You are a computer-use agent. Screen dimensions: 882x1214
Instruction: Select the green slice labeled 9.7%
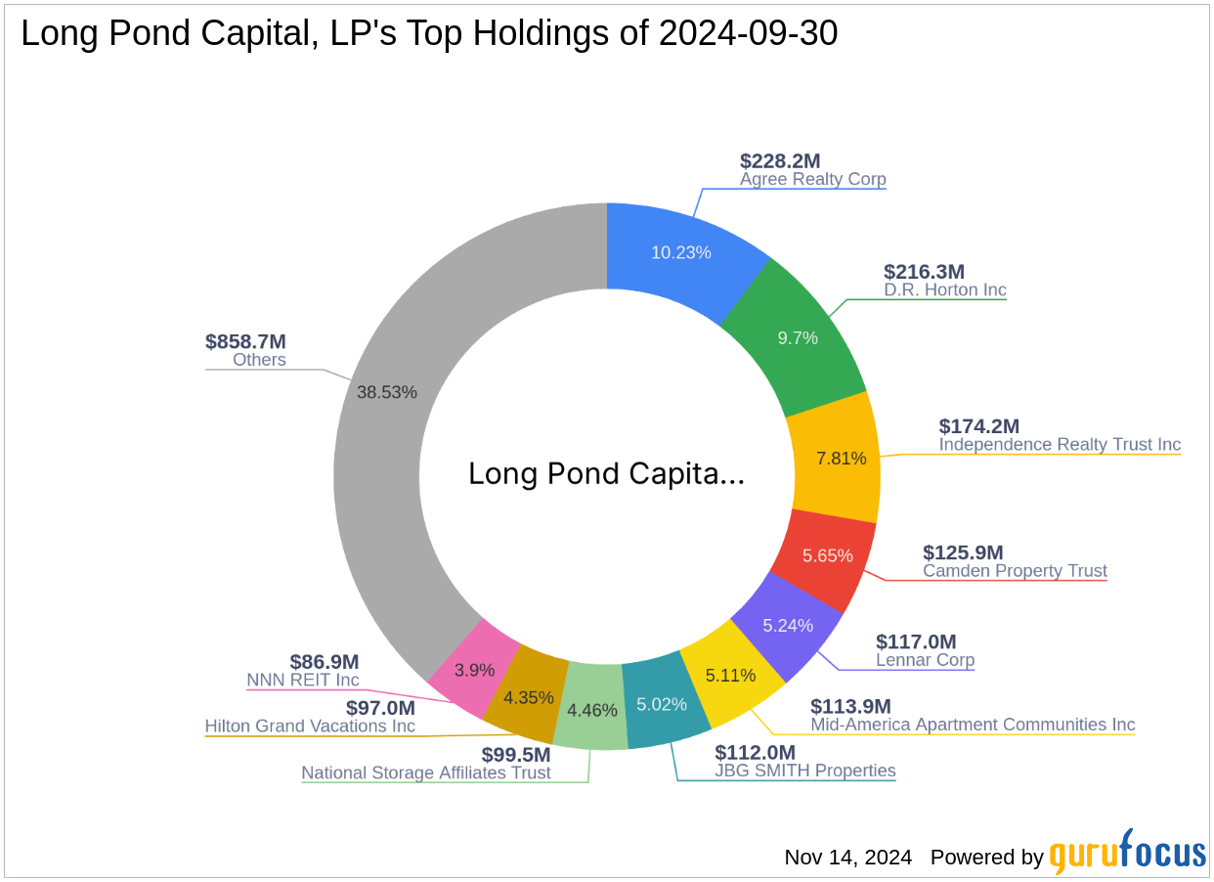tap(798, 337)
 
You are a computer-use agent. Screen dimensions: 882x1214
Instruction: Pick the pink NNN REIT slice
tap(475, 671)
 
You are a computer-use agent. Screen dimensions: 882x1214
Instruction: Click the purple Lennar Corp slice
tap(787, 626)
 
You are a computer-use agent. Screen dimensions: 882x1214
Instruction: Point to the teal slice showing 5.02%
tap(662, 704)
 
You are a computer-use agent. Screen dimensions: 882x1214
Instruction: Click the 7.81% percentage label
tap(841, 458)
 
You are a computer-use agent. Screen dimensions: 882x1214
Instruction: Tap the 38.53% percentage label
tap(387, 392)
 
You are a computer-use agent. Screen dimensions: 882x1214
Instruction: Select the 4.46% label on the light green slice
tap(593, 710)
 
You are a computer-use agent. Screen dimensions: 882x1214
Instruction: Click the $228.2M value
tap(779, 161)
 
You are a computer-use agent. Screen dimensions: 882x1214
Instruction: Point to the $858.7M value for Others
tap(245, 341)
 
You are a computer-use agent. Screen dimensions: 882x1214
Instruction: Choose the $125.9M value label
tap(963, 552)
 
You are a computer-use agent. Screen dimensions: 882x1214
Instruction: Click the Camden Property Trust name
tap(1015, 571)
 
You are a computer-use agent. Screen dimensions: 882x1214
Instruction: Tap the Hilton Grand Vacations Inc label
tap(310, 727)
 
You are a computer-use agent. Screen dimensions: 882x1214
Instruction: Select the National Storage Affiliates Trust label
tap(426, 773)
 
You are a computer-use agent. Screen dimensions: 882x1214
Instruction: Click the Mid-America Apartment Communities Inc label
tap(973, 725)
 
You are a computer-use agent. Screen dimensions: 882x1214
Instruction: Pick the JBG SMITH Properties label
tap(804, 771)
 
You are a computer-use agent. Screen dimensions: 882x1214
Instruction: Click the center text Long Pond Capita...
tap(606, 474)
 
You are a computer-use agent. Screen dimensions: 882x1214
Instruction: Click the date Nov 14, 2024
tap(847, 858)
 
